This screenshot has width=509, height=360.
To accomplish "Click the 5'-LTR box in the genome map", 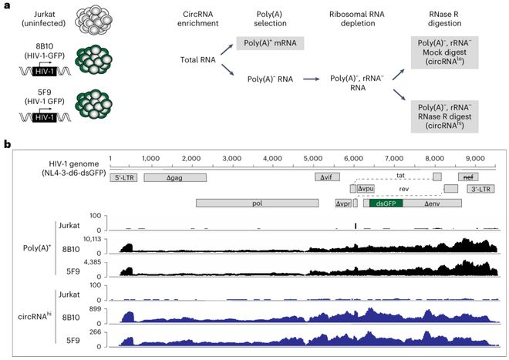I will pyautogui.click(x=125, y=177).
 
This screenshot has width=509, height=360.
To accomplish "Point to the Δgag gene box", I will pyautogui.click(x=175, y=177).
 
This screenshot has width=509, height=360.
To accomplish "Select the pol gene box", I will pyautogui.click(x=257, y=203).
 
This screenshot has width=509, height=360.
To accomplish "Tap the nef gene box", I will pyautogui.click(x=467, y=177).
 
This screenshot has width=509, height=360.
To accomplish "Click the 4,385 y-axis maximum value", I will pyautogui.click(x=93, y=264).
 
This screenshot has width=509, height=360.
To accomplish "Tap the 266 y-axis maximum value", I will pyautogui.click(x=96, y=333).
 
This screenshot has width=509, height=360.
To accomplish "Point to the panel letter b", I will pyautogui.click(x=7, y=144).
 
